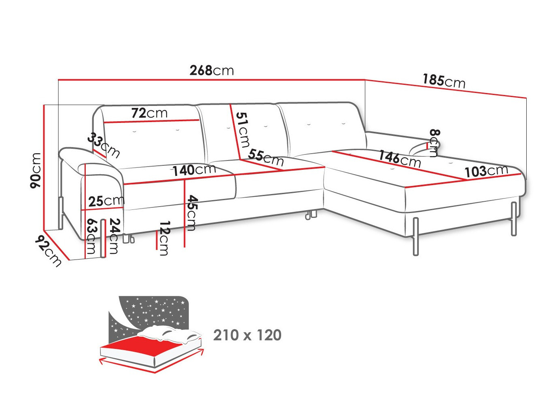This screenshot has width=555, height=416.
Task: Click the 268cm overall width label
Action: (212, 70)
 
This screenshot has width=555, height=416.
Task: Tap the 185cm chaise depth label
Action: (444, 81)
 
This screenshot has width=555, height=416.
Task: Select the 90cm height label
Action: (35, 171)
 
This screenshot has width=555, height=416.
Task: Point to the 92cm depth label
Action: (48, 251)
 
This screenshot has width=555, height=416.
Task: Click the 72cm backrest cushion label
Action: (149, 113)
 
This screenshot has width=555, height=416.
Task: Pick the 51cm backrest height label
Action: (242, 130)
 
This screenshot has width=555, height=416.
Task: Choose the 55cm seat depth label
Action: (266, 158)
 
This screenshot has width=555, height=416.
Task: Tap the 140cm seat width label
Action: (194, 170)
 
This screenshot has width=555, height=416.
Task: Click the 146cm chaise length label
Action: (400, 158)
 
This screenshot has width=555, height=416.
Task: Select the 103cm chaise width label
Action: (486, 171)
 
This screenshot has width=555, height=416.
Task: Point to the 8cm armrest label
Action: (435, 143)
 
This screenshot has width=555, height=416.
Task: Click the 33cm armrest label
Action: (104, 145)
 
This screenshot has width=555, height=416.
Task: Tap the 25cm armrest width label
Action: (106, 201)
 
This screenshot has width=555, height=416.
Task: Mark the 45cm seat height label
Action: (191, 213)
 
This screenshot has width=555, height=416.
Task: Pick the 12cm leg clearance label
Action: (164, 238)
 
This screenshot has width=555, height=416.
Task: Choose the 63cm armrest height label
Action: (91, 236)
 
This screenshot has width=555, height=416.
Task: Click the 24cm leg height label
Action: (114, 236)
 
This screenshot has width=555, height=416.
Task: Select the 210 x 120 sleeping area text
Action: (247, 335)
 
